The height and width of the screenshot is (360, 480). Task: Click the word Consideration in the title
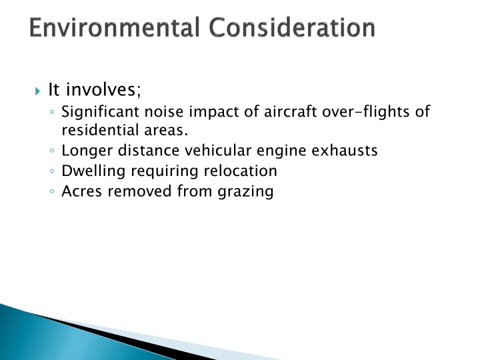(x=292, y=29)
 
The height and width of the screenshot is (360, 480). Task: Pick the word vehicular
(x=213, y=151)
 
